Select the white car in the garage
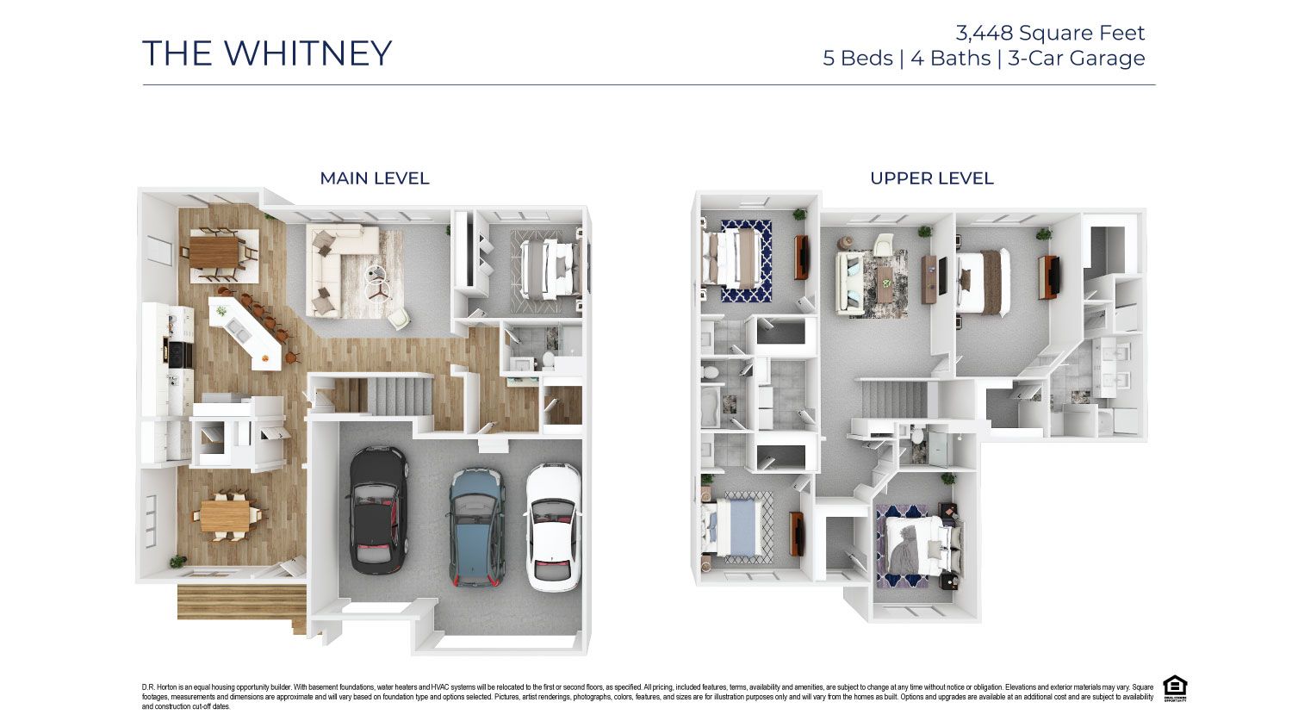coord(553,527)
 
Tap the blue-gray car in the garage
coord(476,527)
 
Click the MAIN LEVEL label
coord(374,178)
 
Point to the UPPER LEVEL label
coord(931,178)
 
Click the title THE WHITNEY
coord(266,53)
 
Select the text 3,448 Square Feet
coord(1050,34)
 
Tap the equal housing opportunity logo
coord(1175,688)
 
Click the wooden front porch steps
coord(241,601)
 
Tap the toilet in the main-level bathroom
coord(547,359)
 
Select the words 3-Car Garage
coord(1077,59)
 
